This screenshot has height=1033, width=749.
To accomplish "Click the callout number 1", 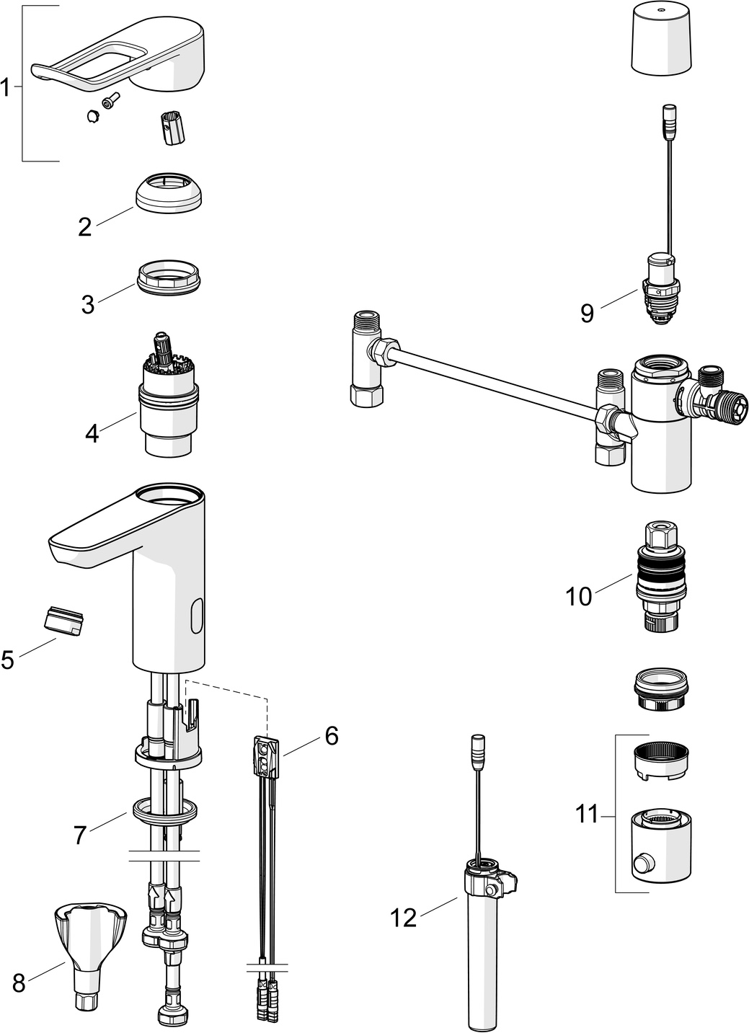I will pos(6,89).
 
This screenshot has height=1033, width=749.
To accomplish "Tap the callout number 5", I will pos(7,659).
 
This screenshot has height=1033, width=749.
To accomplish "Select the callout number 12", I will pos(404,918).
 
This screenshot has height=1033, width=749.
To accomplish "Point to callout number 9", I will pos(587,313).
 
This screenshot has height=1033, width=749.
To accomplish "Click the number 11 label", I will pos(588,815).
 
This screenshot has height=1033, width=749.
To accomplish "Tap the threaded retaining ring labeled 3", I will pos(167,278).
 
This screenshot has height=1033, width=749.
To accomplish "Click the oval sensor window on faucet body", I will pos(197,618).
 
